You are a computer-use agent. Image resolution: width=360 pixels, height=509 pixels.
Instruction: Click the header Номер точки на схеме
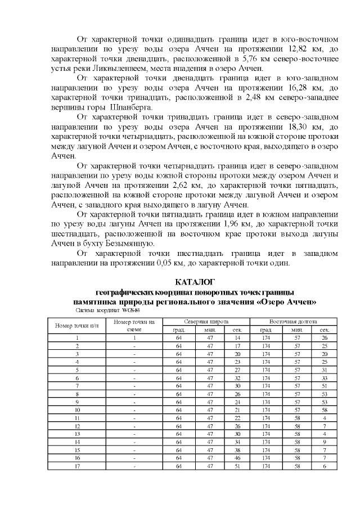point(134,325)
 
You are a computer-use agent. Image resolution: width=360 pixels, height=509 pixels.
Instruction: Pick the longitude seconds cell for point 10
point(325,410)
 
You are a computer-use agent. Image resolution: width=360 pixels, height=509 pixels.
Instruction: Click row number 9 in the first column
point(77,402)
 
